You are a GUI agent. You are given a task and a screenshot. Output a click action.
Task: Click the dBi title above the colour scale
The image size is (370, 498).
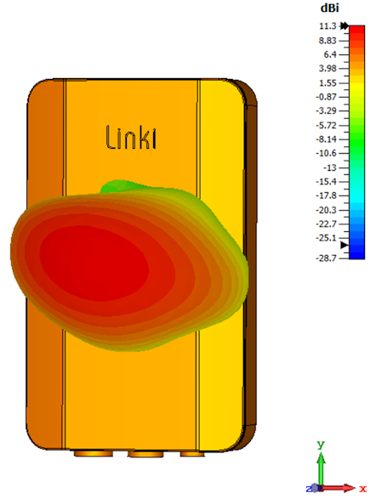click(x=330, y=8)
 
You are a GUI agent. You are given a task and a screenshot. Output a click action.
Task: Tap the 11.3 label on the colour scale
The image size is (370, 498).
click(x=327, y=26)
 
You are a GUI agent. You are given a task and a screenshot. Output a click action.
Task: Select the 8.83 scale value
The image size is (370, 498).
click(x=327, y=41)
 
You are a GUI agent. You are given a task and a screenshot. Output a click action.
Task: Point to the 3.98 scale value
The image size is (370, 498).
click(x=327, y=68)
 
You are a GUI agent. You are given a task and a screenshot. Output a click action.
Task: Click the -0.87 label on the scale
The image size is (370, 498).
click(x=326, y=97)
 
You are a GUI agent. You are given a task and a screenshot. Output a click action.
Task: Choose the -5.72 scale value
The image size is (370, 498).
click(x=326, y=126)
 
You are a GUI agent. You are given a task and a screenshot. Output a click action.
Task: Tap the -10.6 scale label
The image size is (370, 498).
click(x=326, y=153)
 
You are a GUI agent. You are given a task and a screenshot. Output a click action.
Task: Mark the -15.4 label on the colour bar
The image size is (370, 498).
click(x=326, y=182)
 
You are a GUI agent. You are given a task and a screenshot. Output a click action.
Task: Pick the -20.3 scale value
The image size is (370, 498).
click(x=326, y=210)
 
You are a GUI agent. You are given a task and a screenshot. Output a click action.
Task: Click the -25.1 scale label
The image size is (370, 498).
click(x=326, y=238)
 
